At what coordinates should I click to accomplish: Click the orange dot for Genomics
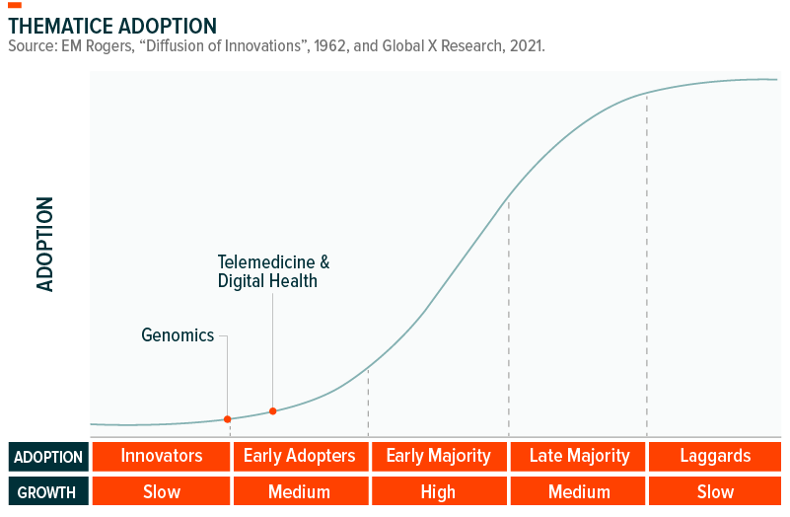coord(227,419)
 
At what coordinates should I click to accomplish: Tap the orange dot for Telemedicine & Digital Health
coord(273,411)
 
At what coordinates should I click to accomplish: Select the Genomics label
coord(178,335)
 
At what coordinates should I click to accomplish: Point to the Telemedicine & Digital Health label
coord(273,271)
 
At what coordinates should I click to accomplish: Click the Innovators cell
coord(162,456)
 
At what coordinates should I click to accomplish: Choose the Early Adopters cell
coord(300,456)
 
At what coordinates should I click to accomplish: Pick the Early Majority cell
coord(438,456)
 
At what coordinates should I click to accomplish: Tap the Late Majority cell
coord(579,456)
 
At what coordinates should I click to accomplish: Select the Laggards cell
coord(715,456)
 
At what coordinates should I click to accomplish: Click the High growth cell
coord(438,491)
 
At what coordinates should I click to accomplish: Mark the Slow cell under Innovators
coord(162,491)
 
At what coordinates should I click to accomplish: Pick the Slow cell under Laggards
coord(715,491)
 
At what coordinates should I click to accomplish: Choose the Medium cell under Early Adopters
coord(300,491)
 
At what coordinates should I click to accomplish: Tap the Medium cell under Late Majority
coord(579,491)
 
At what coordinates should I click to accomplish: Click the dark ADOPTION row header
coord(48,457)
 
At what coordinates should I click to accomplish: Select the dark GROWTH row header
coord(48,491)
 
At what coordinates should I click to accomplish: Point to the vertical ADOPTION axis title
coord(45,244)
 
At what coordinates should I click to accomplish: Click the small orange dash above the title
coord(15,6)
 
